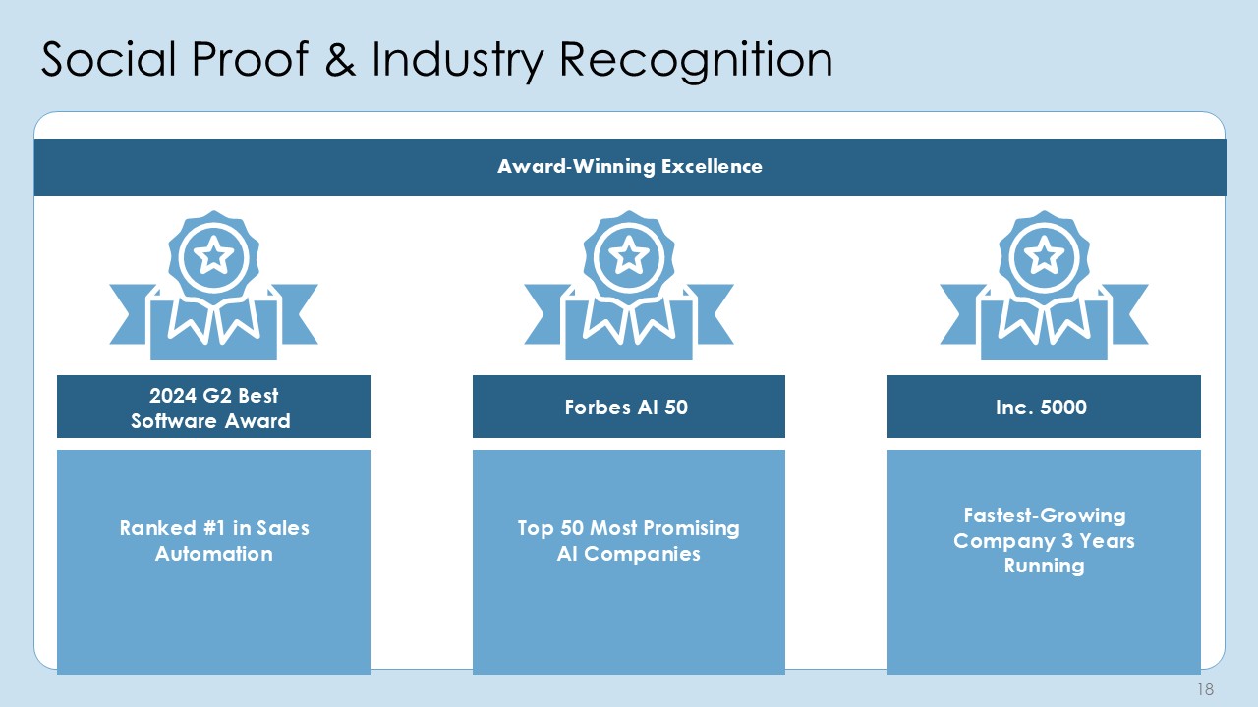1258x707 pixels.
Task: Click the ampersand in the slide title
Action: coord(340,58)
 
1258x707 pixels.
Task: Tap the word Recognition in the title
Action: coord(696,61)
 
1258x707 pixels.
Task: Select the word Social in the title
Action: coord(109,58)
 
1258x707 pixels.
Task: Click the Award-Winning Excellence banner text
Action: coord(630,167)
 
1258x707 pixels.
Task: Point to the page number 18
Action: coord(1205,689)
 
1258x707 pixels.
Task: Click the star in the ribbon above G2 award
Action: coord(213,256)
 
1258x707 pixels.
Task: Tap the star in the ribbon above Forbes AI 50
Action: coord(628,256)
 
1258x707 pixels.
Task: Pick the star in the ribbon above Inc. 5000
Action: coord(1044,256)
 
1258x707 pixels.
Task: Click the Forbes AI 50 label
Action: coord(626,408)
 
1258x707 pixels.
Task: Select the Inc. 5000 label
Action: coord(1041,408)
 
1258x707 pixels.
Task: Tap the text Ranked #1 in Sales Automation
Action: coord(214,541)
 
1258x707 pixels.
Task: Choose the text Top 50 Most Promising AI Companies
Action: coord(628,541)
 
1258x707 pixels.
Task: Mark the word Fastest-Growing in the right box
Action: coord(1045,516)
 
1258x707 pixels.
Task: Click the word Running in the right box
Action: coord(1044,567)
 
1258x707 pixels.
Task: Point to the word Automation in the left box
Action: coord(214,555)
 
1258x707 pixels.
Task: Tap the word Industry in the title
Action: coord(458,61)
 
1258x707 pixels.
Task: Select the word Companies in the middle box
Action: coord(642,555)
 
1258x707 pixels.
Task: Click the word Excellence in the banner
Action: coord(712,167)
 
